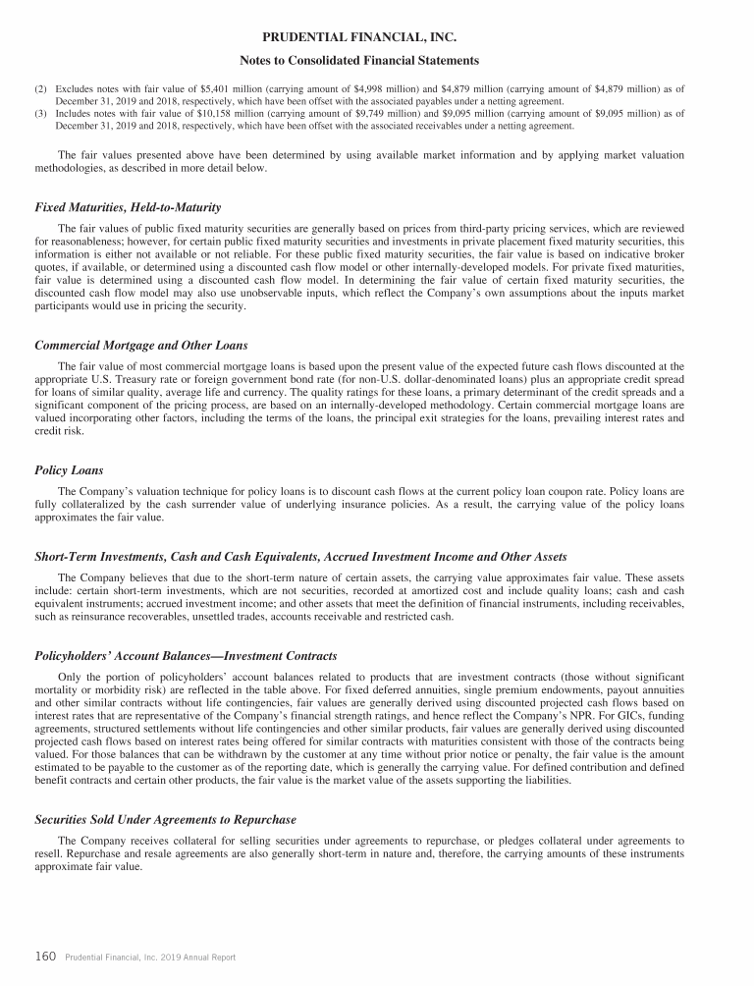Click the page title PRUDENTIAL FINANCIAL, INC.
pyautogui.click(x=377, y=38)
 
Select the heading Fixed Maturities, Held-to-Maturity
pyautogui.click(x=128, y=207)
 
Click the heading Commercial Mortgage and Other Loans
pyautogui.click(x=140, y=346)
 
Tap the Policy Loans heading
pyautogui.click(x=69, y=469)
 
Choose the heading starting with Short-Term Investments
pyautogui.click(x=300, y=558)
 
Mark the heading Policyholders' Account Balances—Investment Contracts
pyautogui.click(x=186, y=655)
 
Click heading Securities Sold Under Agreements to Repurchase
pyautogui.click(x=165, y=819)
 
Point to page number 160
pyautogui.click(x=44, y=956)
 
